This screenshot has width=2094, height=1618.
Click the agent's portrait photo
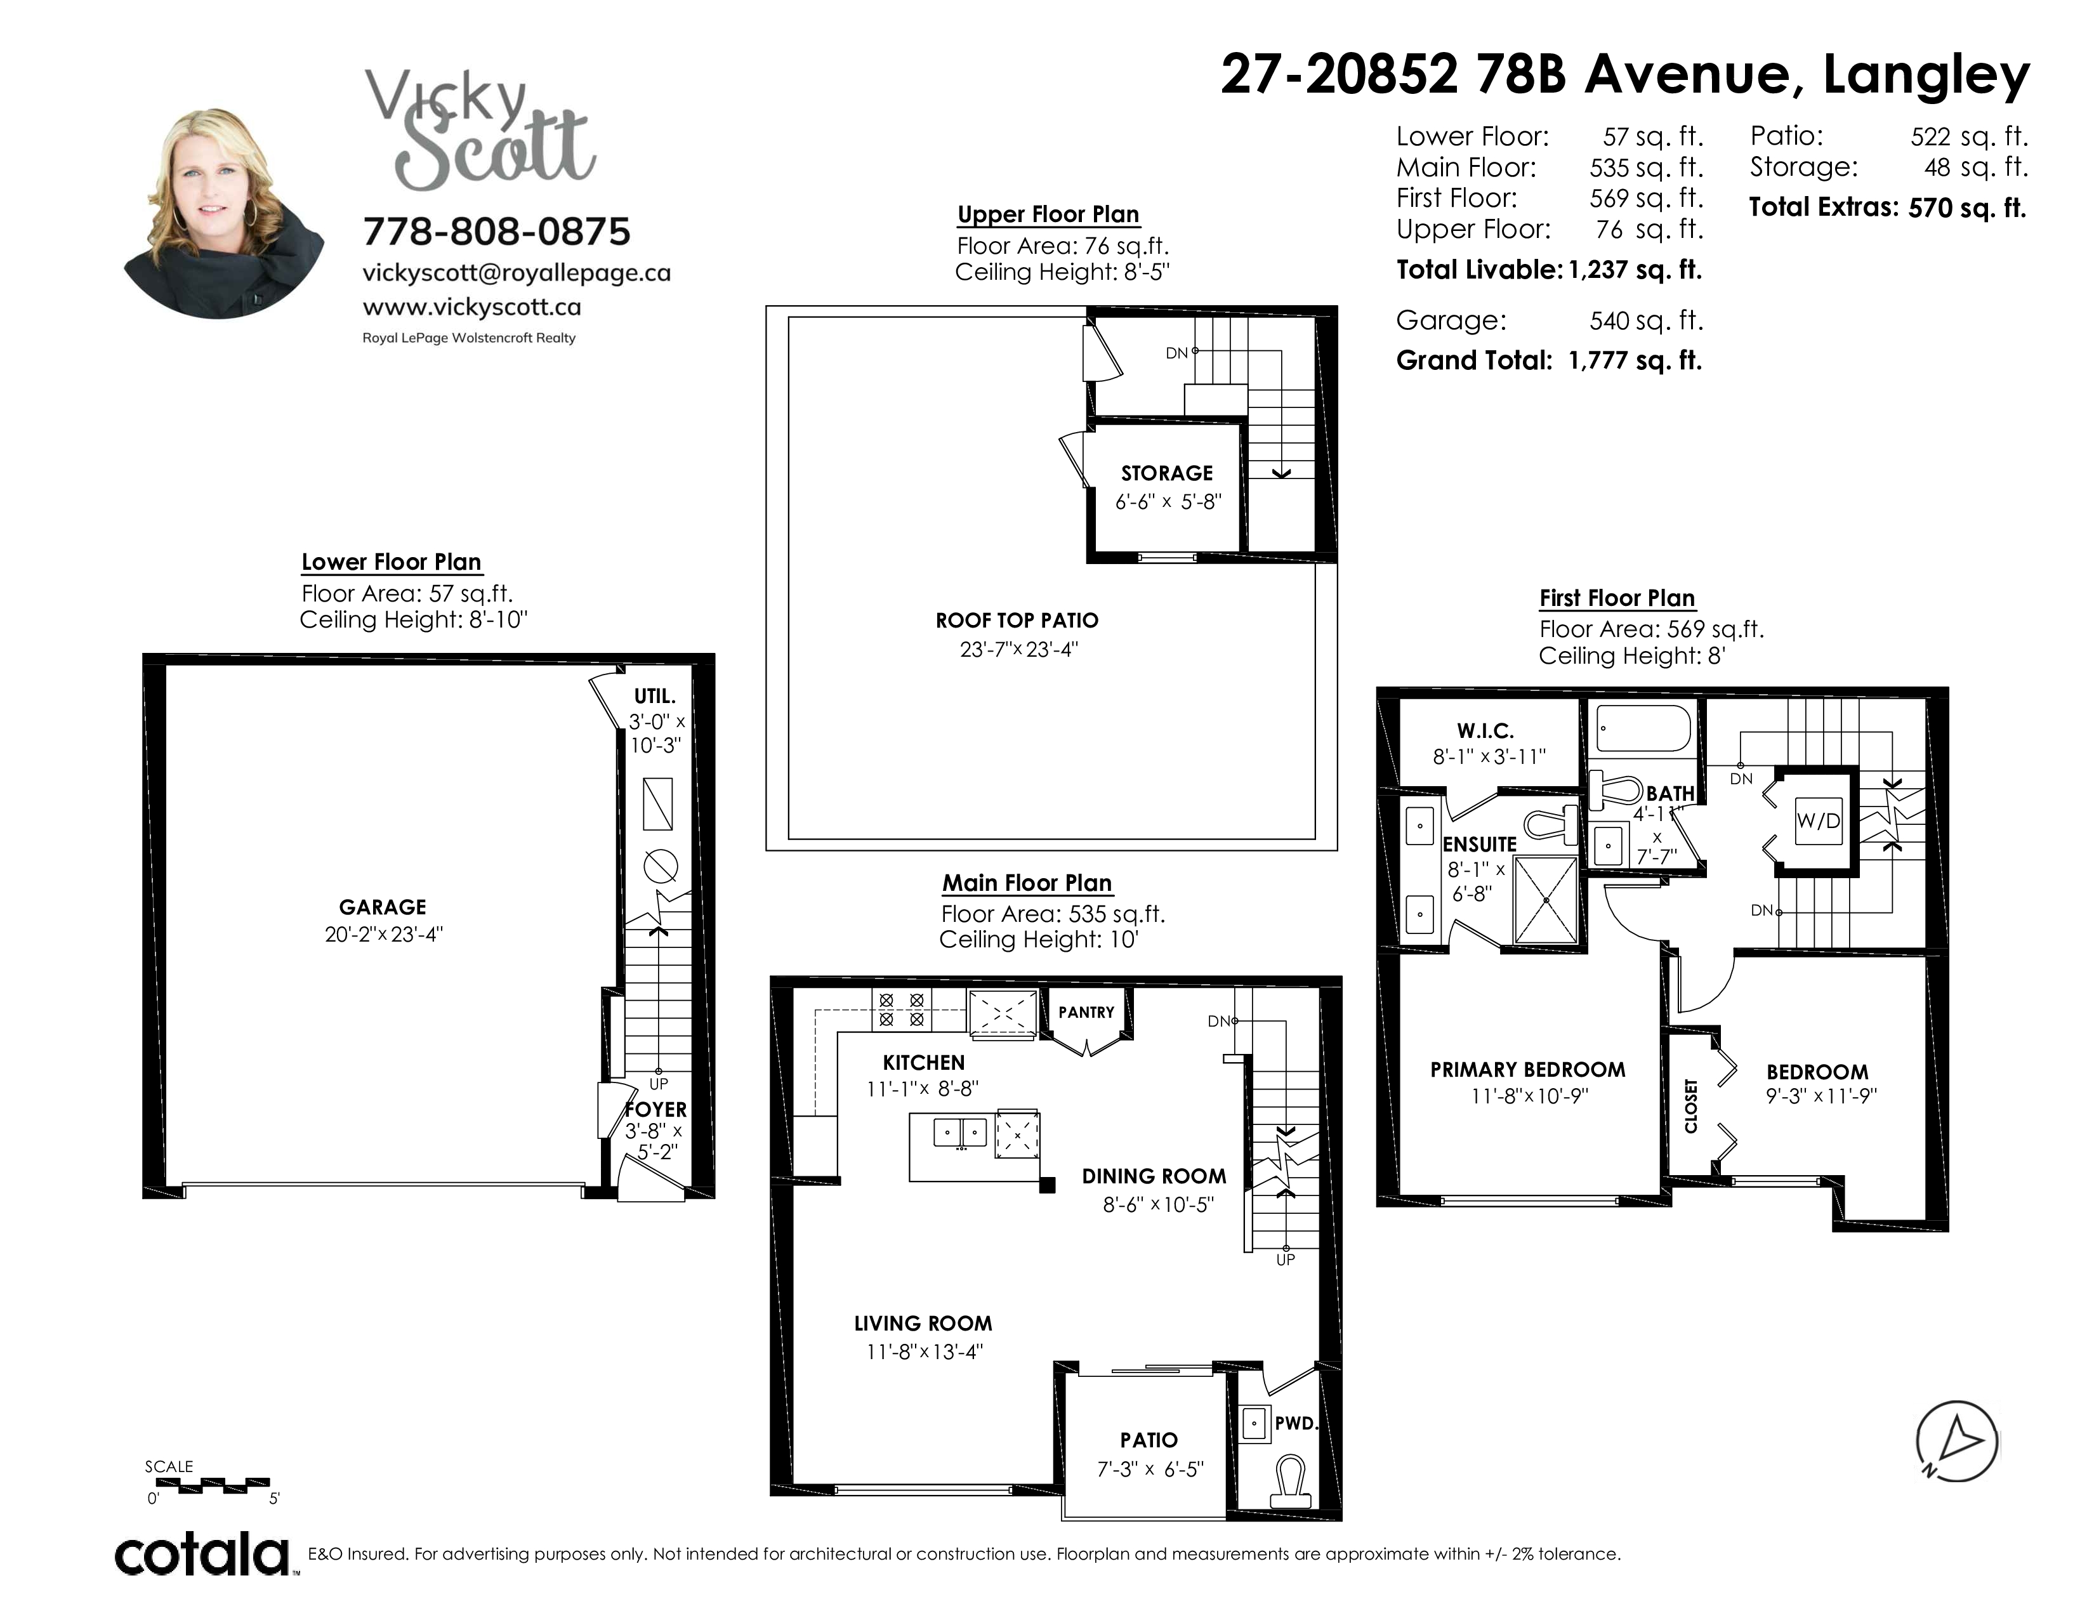(x=223, y=213)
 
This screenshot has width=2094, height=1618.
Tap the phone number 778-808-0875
(x=497, y=231)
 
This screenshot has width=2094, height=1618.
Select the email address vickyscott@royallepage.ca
(x=516, y=273)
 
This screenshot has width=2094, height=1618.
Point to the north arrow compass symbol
(x=1957, y=1442)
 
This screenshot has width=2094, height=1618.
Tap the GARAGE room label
(x=383, y=907)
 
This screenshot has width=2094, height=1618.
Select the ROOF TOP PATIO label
(x=1017, y=620)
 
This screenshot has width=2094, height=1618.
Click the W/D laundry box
(x=1818, y=820)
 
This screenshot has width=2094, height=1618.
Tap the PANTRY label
(x=1086, y=1012)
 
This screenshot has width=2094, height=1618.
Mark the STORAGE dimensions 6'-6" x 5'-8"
(x=1168, y=501)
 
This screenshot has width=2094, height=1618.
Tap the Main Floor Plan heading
(x=1027, y=883)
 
